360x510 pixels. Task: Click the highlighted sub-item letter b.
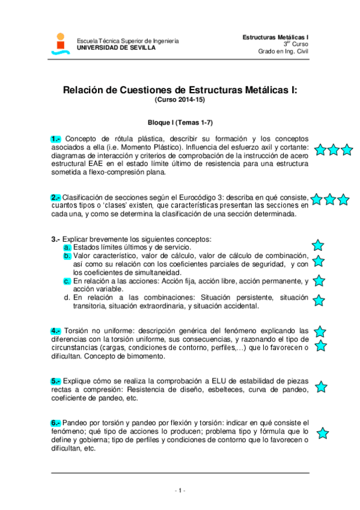point(67,256)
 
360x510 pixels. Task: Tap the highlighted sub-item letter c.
point(67,281)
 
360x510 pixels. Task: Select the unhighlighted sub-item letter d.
point(67,297)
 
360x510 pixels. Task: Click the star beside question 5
point(321,387)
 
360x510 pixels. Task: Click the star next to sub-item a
point(318,245)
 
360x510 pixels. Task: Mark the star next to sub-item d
point(319,300)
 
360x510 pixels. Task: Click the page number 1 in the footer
point(180,491)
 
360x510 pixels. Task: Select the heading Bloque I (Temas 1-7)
point(180,121)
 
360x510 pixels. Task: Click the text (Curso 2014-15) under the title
point(180,99)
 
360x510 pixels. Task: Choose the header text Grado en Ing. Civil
point(283,51)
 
